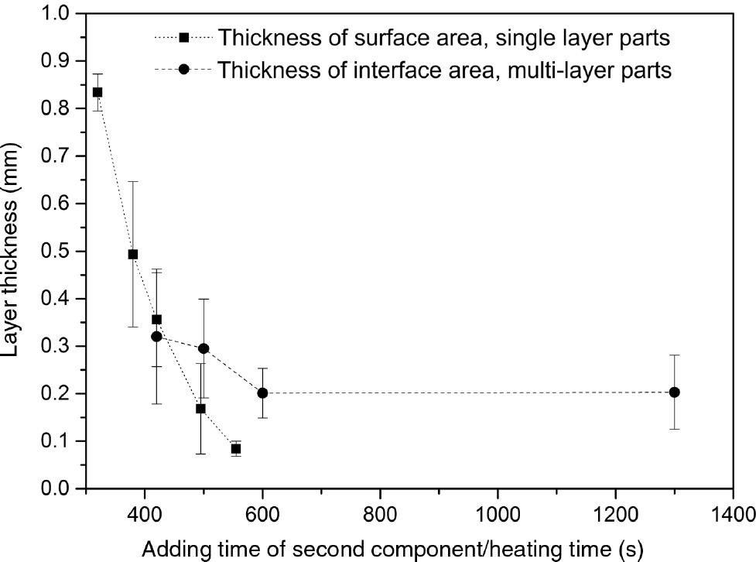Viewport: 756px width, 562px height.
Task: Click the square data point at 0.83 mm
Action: [97, 92]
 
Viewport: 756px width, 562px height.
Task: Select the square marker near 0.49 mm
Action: [133, 254]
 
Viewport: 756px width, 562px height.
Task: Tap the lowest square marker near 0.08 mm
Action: [236, 449]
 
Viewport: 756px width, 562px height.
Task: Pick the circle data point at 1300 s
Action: [674, 392]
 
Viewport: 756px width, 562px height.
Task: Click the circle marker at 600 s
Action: [263, 393]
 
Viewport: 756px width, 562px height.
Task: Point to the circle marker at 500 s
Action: [204, 348]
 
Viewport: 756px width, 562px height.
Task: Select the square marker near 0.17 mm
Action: [200, 408]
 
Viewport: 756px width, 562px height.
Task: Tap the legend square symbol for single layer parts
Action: [184, 38]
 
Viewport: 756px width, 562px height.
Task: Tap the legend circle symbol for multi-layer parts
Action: [184, 70]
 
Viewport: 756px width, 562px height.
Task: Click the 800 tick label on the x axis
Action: [380, 513]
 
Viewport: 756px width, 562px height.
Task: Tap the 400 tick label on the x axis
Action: [145, 513]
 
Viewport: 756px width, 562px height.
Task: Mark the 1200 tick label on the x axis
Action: [615, 513]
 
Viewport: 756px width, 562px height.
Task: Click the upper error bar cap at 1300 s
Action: [674, 355]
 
